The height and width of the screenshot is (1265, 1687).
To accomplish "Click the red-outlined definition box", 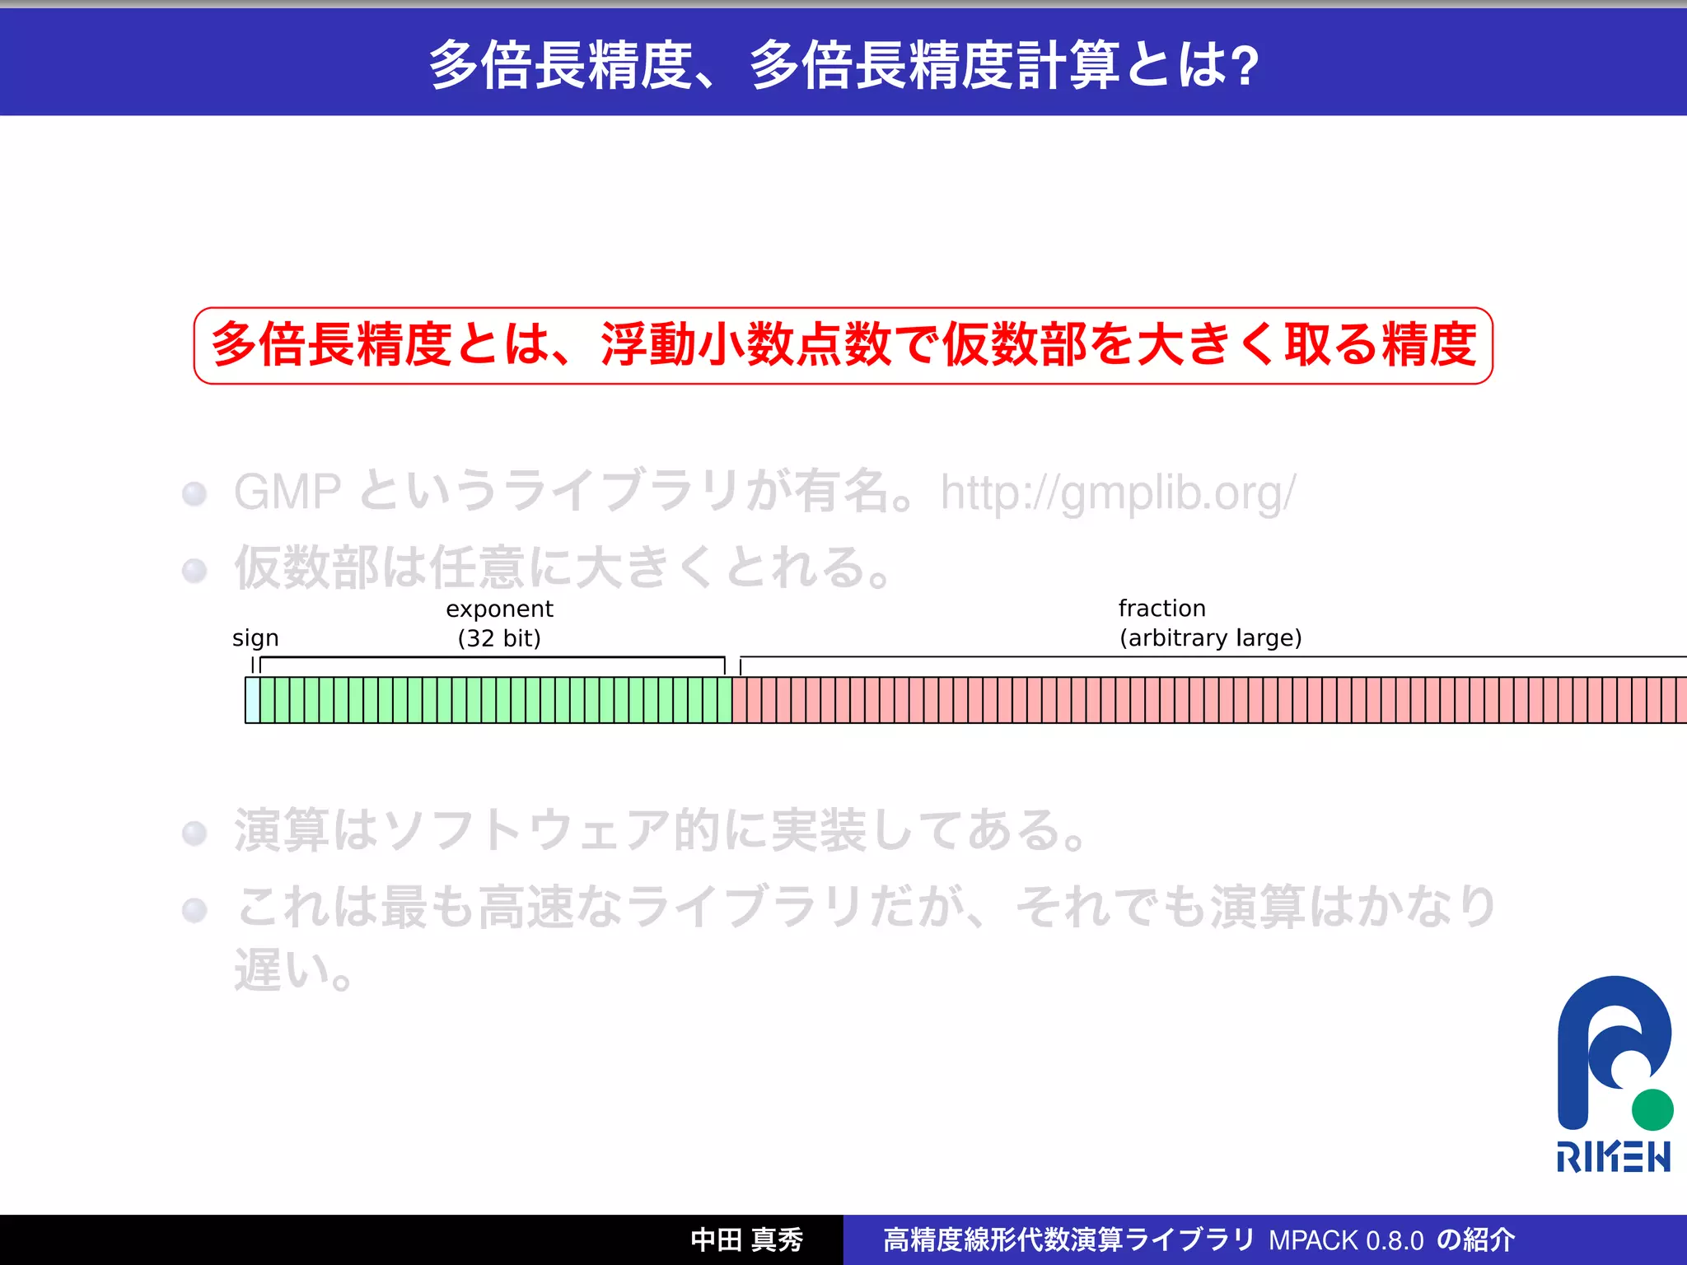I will [x=843, y=345].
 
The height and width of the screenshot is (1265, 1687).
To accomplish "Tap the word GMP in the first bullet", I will [x=287, y=492].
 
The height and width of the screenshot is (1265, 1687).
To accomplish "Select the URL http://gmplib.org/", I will [x=1118, y=492].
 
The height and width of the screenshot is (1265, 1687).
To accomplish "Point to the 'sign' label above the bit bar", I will [x=255, y=638].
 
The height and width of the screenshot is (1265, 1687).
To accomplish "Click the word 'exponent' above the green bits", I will [x=499, y=609].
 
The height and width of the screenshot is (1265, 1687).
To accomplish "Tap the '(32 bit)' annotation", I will [x=499, y=638].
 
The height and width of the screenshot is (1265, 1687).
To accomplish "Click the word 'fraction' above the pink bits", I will [x=1161, y=609].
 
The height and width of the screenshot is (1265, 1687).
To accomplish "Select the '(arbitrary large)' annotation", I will [x=1210, y=638].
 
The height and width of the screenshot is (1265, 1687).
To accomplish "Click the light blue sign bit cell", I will [x=252, y=700].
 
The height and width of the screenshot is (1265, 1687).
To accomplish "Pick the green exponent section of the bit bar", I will [x=495, y=700].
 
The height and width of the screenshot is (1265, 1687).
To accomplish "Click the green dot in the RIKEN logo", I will [x=1652, y=1109].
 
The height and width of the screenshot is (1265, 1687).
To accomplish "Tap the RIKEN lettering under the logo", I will [x=1613, y=1157].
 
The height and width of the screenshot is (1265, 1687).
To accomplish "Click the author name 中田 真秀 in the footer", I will [x=746, y=1239].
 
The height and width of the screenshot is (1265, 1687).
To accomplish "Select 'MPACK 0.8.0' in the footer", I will [x=1346, y=1240].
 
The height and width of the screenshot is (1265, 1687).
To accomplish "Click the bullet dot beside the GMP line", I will [x=194, y=493].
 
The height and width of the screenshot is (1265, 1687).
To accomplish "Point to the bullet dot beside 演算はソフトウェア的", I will [x=194, y=833].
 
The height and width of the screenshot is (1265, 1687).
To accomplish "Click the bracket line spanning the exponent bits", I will [x=493, y=657].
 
